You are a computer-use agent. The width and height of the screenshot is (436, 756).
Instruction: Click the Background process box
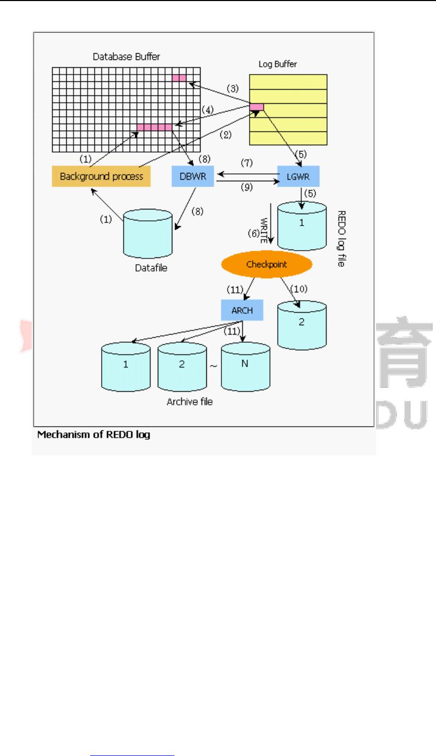(101, 176)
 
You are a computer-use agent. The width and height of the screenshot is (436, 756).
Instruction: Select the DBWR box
(193, 176)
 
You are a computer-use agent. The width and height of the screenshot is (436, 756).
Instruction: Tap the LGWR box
(298, 176)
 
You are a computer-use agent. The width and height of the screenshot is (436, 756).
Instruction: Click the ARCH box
(241, 311)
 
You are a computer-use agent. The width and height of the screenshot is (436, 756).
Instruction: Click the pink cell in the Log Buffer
(257, 107)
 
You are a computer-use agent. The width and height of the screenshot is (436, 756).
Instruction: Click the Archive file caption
(190, 402)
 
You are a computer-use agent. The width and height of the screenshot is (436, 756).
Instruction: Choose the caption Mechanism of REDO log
(94, 435)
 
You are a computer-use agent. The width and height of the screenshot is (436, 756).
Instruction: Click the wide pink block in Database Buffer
(154, 128)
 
